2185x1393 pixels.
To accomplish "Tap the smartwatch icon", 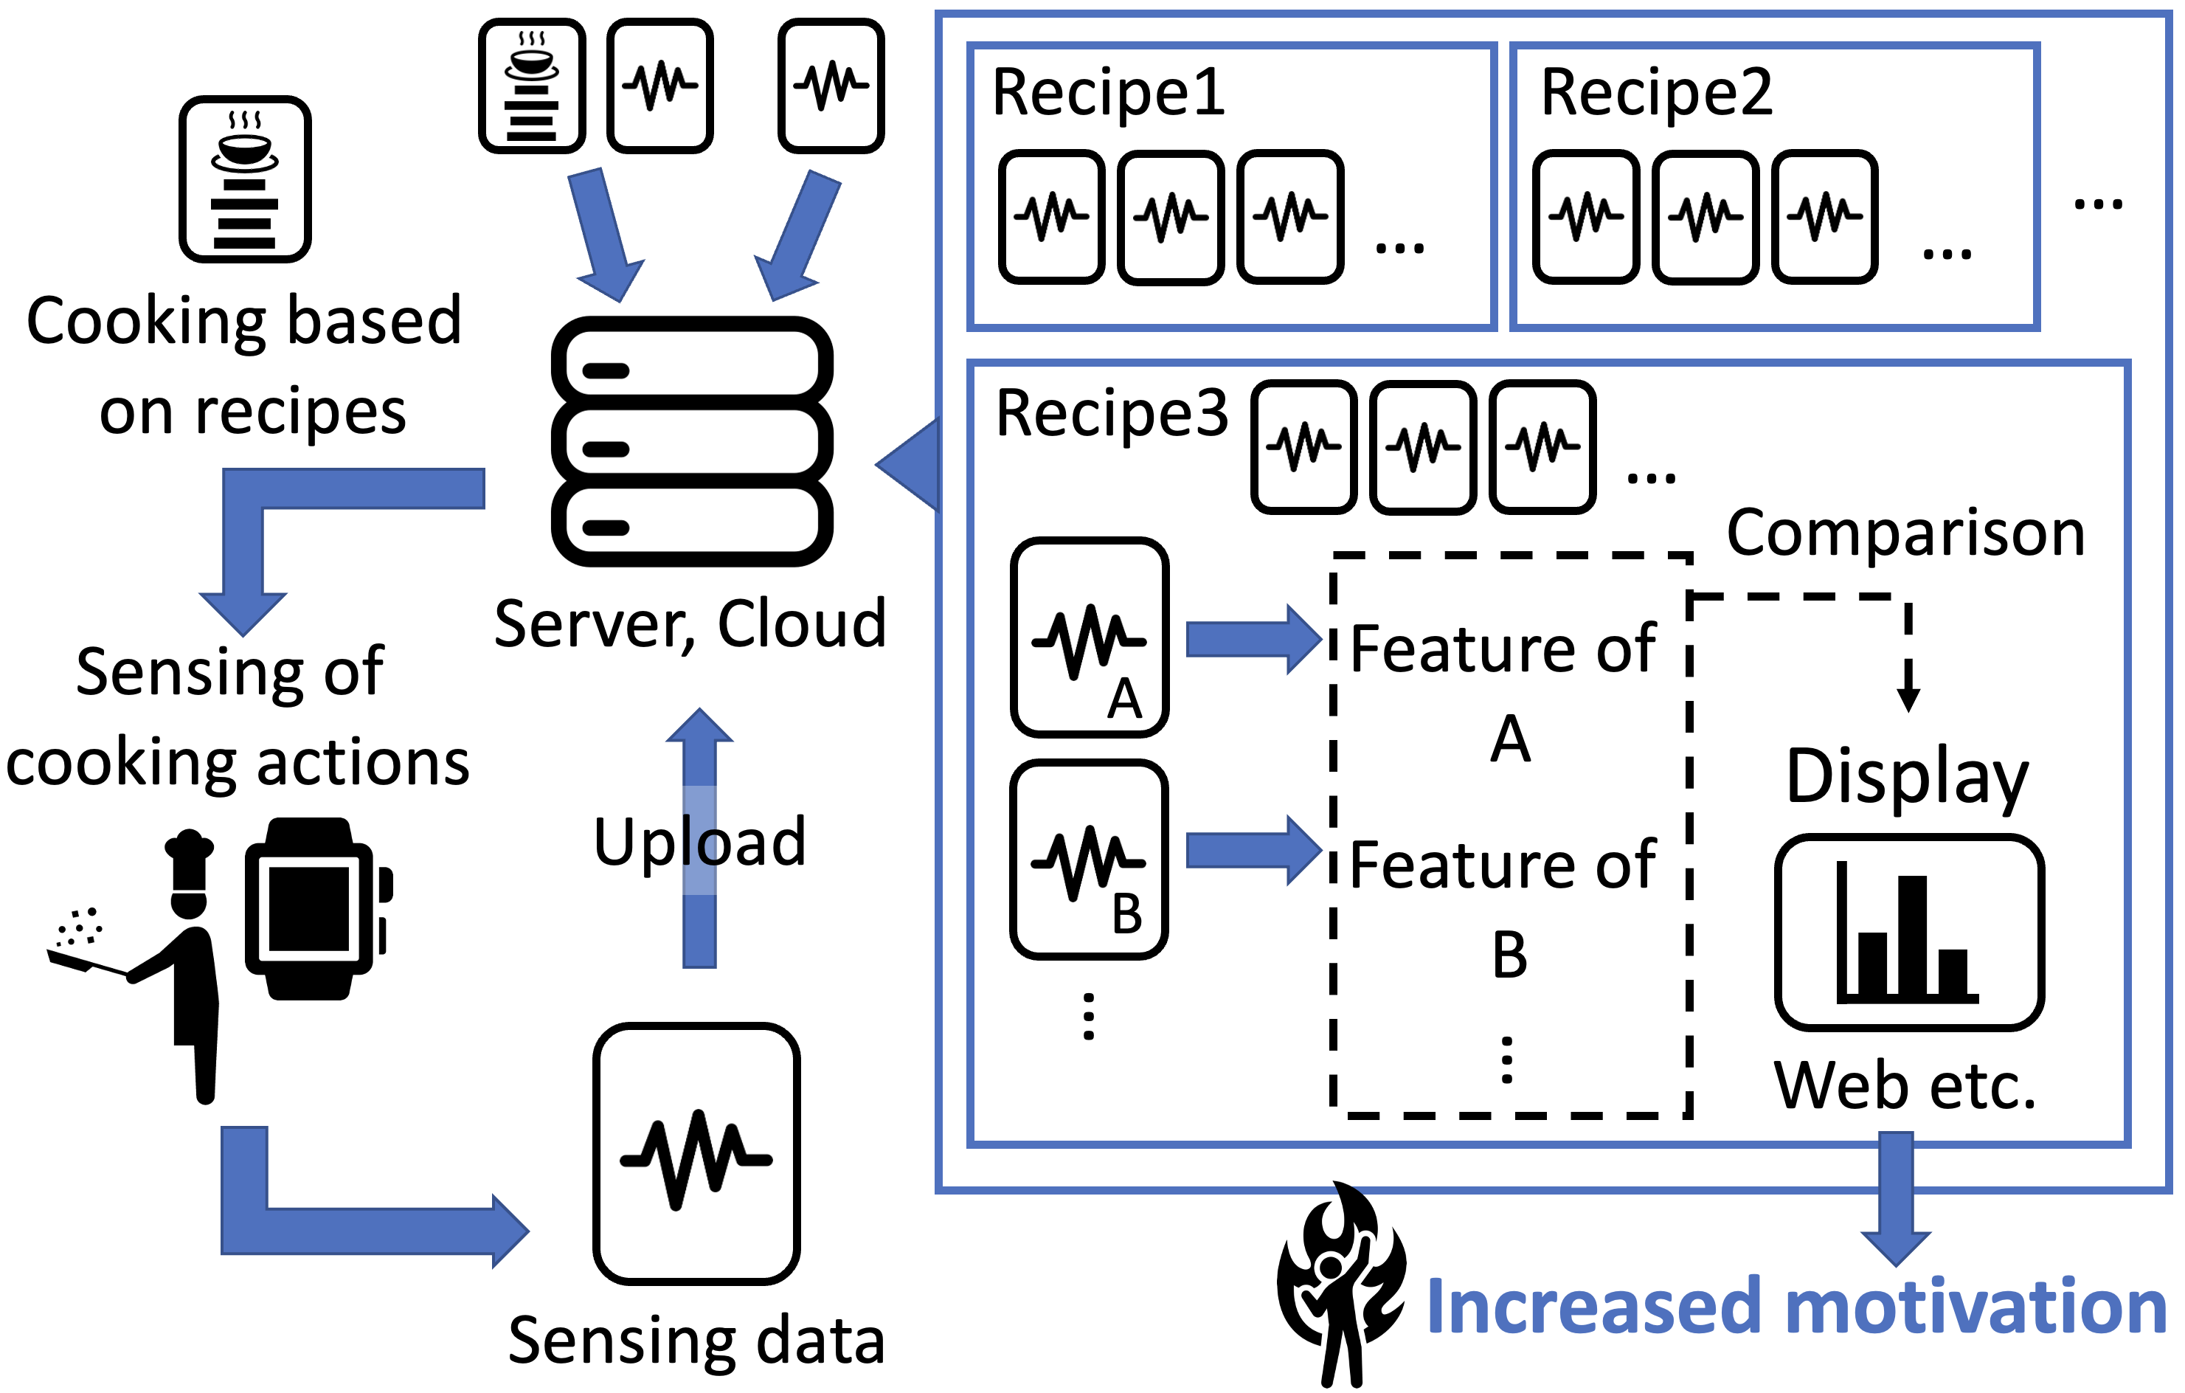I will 313,909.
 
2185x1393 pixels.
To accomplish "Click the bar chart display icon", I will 1908,933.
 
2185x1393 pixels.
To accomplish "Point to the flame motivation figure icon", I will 1340,1284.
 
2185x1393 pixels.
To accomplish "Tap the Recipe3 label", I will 1112,414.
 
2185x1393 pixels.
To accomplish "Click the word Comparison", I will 1905,533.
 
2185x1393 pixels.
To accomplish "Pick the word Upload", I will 699,842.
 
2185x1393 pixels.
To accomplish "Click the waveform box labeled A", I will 1089,637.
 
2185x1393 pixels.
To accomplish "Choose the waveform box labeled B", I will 1089,860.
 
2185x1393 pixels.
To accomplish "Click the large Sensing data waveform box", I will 696,1152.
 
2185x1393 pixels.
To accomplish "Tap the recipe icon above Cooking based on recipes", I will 245,179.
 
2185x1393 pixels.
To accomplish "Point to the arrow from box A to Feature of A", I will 1252,639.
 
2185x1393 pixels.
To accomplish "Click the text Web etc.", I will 1905,1085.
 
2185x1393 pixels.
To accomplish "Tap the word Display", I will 1906,777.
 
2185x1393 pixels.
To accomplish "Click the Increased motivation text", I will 1797,1307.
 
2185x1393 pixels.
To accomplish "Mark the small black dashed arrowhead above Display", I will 1908,699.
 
